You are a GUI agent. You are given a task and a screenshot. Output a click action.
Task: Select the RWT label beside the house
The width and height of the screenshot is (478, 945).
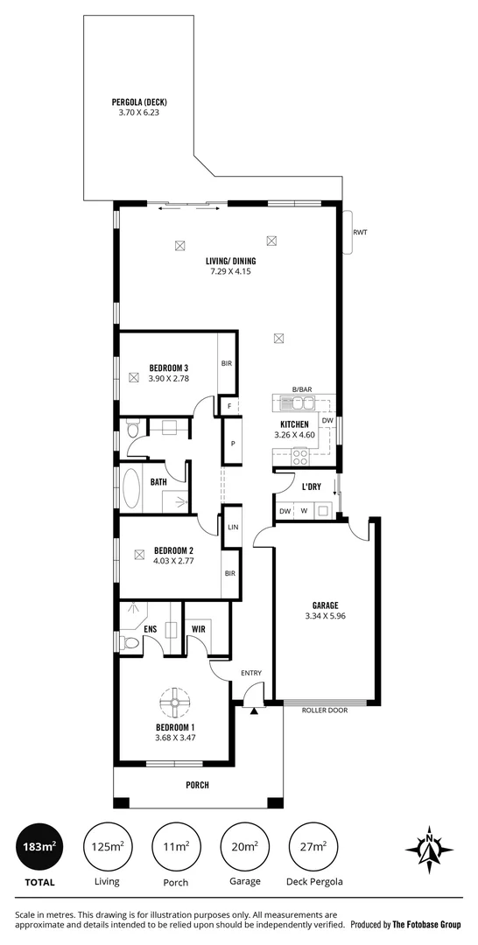click(360, 233)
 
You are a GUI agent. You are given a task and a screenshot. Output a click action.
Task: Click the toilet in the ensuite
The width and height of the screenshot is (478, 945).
click(131, 644)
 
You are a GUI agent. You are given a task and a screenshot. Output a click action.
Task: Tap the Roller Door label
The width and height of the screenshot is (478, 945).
click(325, 710)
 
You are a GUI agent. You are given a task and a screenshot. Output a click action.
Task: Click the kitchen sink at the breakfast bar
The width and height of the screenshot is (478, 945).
click(299, 403)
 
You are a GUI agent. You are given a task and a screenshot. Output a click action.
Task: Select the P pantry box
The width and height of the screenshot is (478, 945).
click(233, 444)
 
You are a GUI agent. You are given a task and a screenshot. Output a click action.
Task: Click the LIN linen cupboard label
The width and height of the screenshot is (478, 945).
click(233, 528)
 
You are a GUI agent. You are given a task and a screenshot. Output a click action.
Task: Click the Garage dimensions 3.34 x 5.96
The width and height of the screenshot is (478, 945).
click(326, 615)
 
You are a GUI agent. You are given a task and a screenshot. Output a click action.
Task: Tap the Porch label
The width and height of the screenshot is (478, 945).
click(197, 785)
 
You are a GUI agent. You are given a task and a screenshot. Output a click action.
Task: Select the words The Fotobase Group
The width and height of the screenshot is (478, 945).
click(426, 924)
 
